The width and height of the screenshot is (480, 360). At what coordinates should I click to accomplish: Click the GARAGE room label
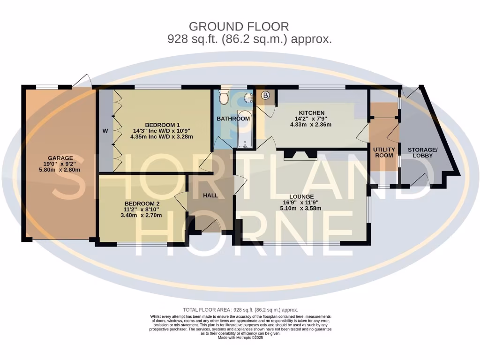[x=60, y=158]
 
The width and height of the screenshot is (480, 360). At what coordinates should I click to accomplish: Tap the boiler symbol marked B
[x=266, y=96]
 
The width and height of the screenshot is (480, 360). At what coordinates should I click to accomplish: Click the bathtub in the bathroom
[x=244, y=129]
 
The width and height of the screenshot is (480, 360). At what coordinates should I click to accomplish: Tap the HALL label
[x=210, y=195]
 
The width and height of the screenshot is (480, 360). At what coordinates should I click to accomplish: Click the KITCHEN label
[x=312, y=112]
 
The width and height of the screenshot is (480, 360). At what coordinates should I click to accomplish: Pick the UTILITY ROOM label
[x=384, y=152]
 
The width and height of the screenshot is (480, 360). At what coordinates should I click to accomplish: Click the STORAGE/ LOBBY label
[x=422, y=152]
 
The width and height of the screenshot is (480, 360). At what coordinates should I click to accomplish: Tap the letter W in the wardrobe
[x=105, y=131]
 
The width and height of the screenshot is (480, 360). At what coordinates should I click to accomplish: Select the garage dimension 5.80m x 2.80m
[x=60, y=171]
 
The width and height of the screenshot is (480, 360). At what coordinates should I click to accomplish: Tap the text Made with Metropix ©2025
[x=240, y=337]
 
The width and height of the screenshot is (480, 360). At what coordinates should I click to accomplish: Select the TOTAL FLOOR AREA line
[x=240, y=310]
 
